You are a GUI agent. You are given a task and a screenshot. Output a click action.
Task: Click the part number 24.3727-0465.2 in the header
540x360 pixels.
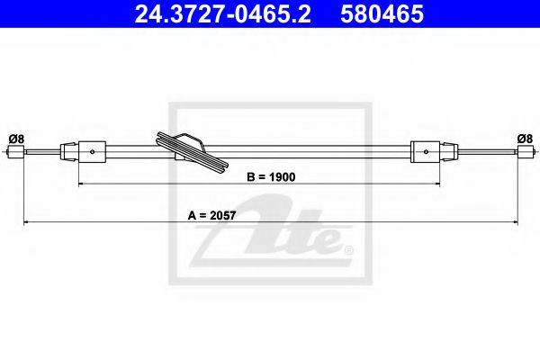[223, 13]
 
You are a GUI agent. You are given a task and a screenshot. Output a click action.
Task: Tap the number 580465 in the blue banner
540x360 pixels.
[382, 13]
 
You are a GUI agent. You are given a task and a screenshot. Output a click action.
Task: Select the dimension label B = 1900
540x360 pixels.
[271, 177]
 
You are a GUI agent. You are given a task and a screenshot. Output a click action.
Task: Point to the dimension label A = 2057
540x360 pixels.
[211, 215]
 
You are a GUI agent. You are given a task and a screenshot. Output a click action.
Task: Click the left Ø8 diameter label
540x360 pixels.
[16, 139]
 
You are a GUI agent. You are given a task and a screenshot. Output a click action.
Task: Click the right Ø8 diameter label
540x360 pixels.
[525, 139]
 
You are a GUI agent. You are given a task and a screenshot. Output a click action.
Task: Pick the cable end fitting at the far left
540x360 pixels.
[16, 151]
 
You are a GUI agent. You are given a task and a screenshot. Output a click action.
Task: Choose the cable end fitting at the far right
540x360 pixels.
[526, 151]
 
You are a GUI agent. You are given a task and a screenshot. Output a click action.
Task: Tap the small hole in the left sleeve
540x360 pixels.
[93, 151]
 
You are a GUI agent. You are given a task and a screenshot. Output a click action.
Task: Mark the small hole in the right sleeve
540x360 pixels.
[426, 151]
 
